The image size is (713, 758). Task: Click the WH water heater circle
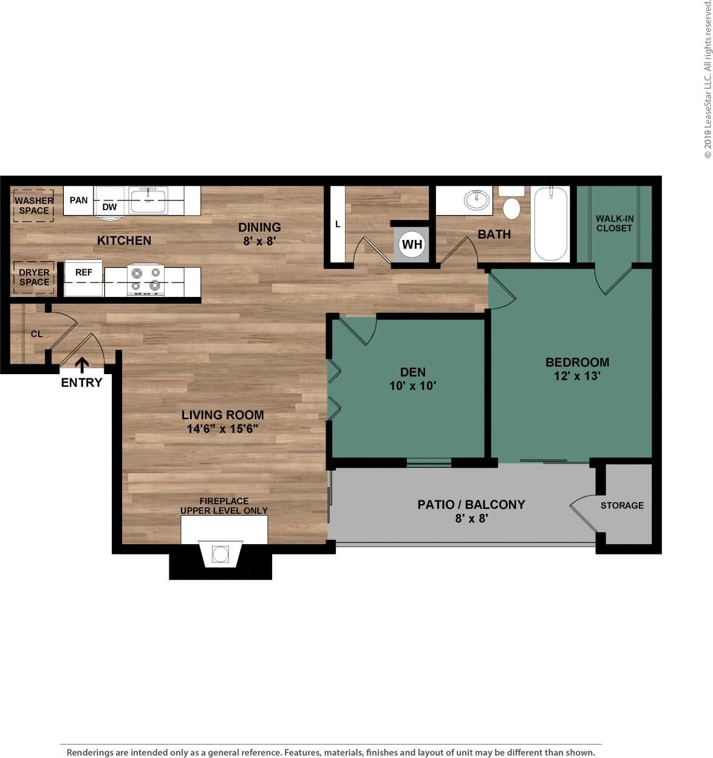(x=412, y=245)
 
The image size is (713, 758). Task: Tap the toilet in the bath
(x=512, y=207)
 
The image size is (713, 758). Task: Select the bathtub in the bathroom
(x=550, y=224)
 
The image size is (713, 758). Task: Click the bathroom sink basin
(x=477, y=200)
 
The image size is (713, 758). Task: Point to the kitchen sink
(x=148, y=200)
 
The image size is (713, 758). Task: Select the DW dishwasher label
(x=109, y=207)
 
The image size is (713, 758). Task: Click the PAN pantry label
(x=78, y=200)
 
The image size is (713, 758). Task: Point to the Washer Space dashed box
(x=34, y=205)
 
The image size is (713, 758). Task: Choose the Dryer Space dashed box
(x=34, y=278)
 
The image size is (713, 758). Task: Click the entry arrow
(x=82, y=364)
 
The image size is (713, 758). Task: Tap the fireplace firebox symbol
(x=220, y=554)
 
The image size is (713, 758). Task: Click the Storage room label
(x=622, y=505)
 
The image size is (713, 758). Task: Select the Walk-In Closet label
(x=614, y=224)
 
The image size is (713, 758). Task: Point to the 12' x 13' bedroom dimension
(x=577, y=376)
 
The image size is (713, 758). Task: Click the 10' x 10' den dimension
(x=413, y=386)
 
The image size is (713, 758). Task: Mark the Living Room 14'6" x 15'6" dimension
(x=223, y=429)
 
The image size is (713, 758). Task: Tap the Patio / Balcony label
(x=471, y=504)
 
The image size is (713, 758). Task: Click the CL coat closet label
(x=37, y=334)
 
